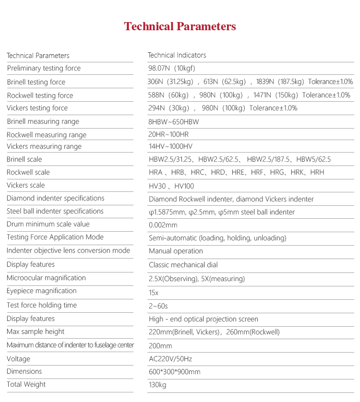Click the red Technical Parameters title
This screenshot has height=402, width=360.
pyautogui.click(x=180, y=26)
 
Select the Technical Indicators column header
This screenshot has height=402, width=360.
pyautogui.click(x=177, y=55)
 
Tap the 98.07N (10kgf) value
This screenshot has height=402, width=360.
pyautogui.click(x=172, y=68)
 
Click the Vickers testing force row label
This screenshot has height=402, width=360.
pyautogui.click(x=37, y=108)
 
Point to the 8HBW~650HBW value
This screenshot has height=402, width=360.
pyautogui.click(x=174, y=122)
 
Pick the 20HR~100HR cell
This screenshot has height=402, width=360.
pyautogui.click(x=168, y=134)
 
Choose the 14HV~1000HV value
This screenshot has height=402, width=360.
pyautogui.click(x=170, y=146)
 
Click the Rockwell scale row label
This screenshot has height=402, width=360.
pyautogui.click(x=28, y=172)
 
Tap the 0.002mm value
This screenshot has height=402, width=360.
pyautogui.click(x=163, y=225)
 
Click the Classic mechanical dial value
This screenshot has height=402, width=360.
pyautogui.click(x=183, y=265)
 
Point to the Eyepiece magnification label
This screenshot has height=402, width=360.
pyautogui.click(x=42, y=291)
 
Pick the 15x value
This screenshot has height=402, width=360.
pyautogui.click(x=154, y=292)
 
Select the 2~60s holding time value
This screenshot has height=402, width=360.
pyautogui.click(x=158, y=306)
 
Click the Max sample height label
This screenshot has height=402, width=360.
pyautogui.click(x=36, y=331)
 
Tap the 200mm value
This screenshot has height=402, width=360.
pyautogui.click(x=160, y=346)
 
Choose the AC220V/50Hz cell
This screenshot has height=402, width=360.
pyautogui.click(x=170, y=359)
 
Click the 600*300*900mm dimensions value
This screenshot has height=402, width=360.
pyautogui.click(x=175, y=372)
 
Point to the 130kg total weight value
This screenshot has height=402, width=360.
pyautogui.click(x=157, y=385)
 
